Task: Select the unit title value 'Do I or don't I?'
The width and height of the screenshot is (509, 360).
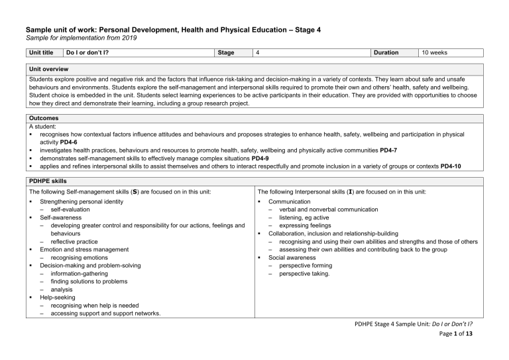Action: click(x=87, y=52)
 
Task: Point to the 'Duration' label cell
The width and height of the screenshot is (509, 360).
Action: click(x=386, y=52)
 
